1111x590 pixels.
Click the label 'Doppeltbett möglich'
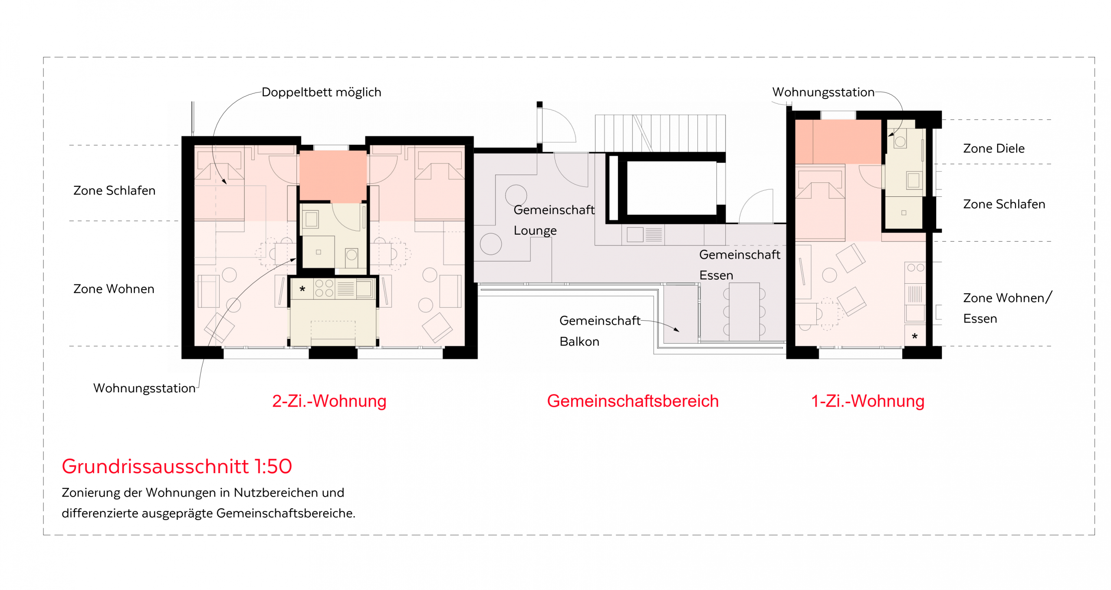point(321,92)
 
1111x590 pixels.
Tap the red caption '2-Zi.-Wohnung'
point(329,401)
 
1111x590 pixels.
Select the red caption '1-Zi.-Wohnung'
point(868,401)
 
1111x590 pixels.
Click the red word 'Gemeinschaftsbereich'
point(633,401)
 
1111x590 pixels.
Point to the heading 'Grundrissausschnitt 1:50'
point(177,466)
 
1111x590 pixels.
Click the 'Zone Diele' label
point(994,149)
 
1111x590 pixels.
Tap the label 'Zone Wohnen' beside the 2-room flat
point(114,289)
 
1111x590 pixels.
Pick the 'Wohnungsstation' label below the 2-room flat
point(145,388)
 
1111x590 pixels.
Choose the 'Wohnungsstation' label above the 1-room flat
point(823,92)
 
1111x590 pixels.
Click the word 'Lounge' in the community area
point(535,231)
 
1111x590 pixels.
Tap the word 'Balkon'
point(579,341)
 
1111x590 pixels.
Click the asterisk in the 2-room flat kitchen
point(302,289)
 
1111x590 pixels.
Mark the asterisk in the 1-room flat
point(915,336)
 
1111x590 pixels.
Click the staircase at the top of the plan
point(660,133)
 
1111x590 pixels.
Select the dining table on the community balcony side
point(744,312)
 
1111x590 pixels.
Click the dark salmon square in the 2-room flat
point(333,176)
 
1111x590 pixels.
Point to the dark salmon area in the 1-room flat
point(838,142)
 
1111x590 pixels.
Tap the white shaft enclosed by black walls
point(671,188)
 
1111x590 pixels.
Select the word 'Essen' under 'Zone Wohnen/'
point(980,319)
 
